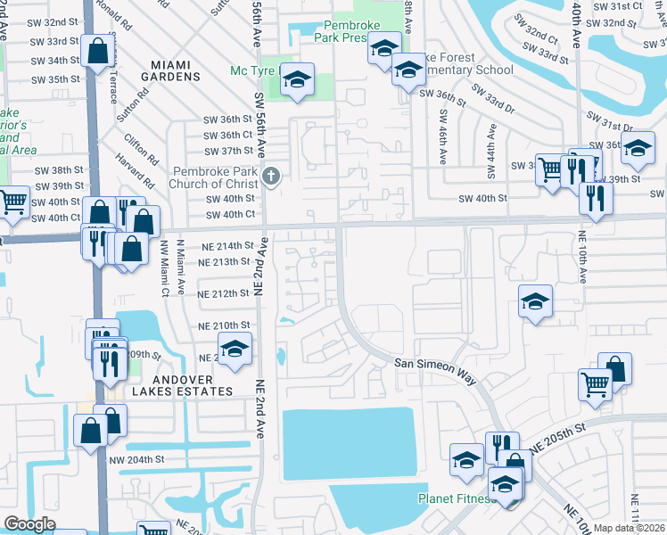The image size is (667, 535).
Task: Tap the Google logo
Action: point(29,524)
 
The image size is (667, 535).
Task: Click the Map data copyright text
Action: point(630,528)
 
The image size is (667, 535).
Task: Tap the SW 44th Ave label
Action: point(490,144)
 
